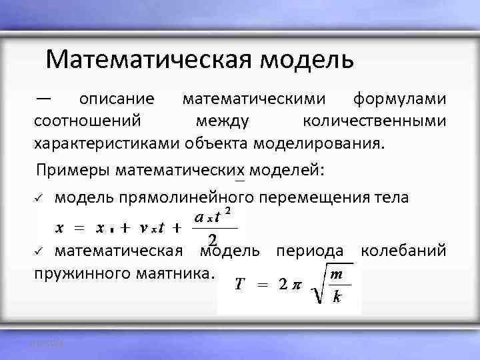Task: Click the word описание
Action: (x=117, y=99)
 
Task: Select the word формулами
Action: (x=399, y=99)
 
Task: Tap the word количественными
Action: (x=374, y=121)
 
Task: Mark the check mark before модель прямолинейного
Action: (x=39, y=199)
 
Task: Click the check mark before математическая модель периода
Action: (x=39, y=252)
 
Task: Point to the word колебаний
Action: (x=403, y=251)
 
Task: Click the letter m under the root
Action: (x=338, y=275)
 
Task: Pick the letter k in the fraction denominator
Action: (x=337, y=297)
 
